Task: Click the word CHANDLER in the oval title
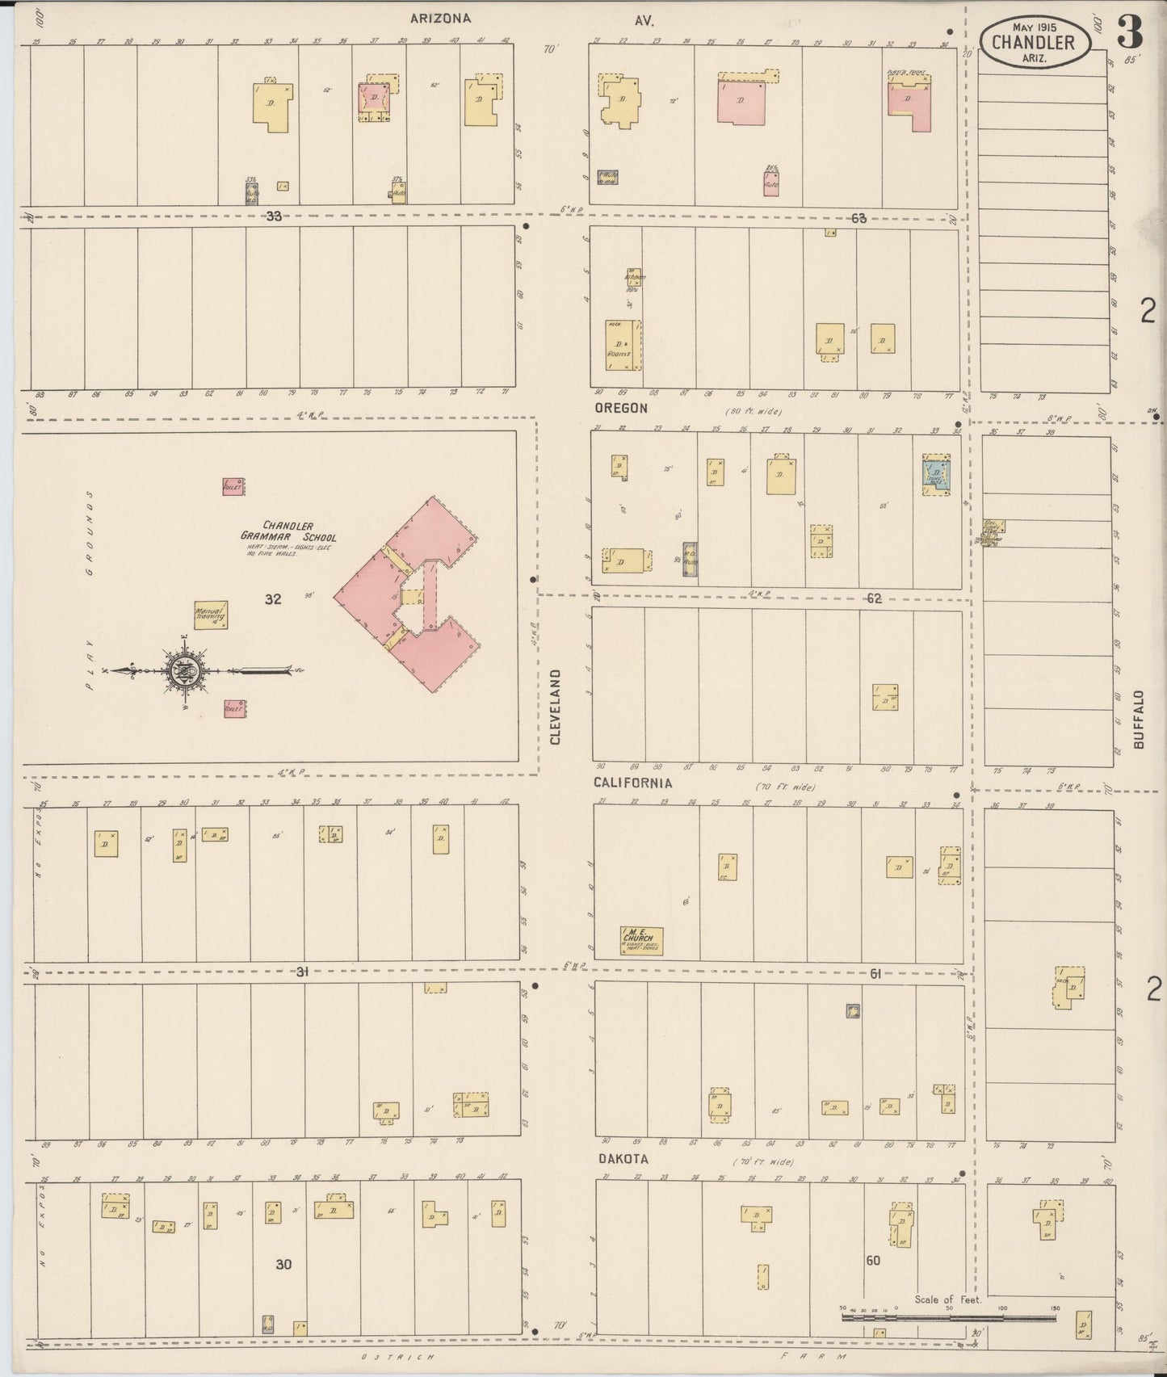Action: tap(1033, 41)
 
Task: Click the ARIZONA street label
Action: tap(440, 19)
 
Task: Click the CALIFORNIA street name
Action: tap(632, 783)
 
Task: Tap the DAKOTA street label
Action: tap(623, 1159)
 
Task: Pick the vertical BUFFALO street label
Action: tap(1140, 720)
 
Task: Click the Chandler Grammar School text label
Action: tap(288, 531)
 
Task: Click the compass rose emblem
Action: tap(185, 670)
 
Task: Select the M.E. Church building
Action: tap(642, 940)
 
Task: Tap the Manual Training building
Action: tap(210, 615)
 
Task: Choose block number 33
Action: tap(274, 216)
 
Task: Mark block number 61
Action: tap(875, 974)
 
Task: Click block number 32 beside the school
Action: tap(273, 599)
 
